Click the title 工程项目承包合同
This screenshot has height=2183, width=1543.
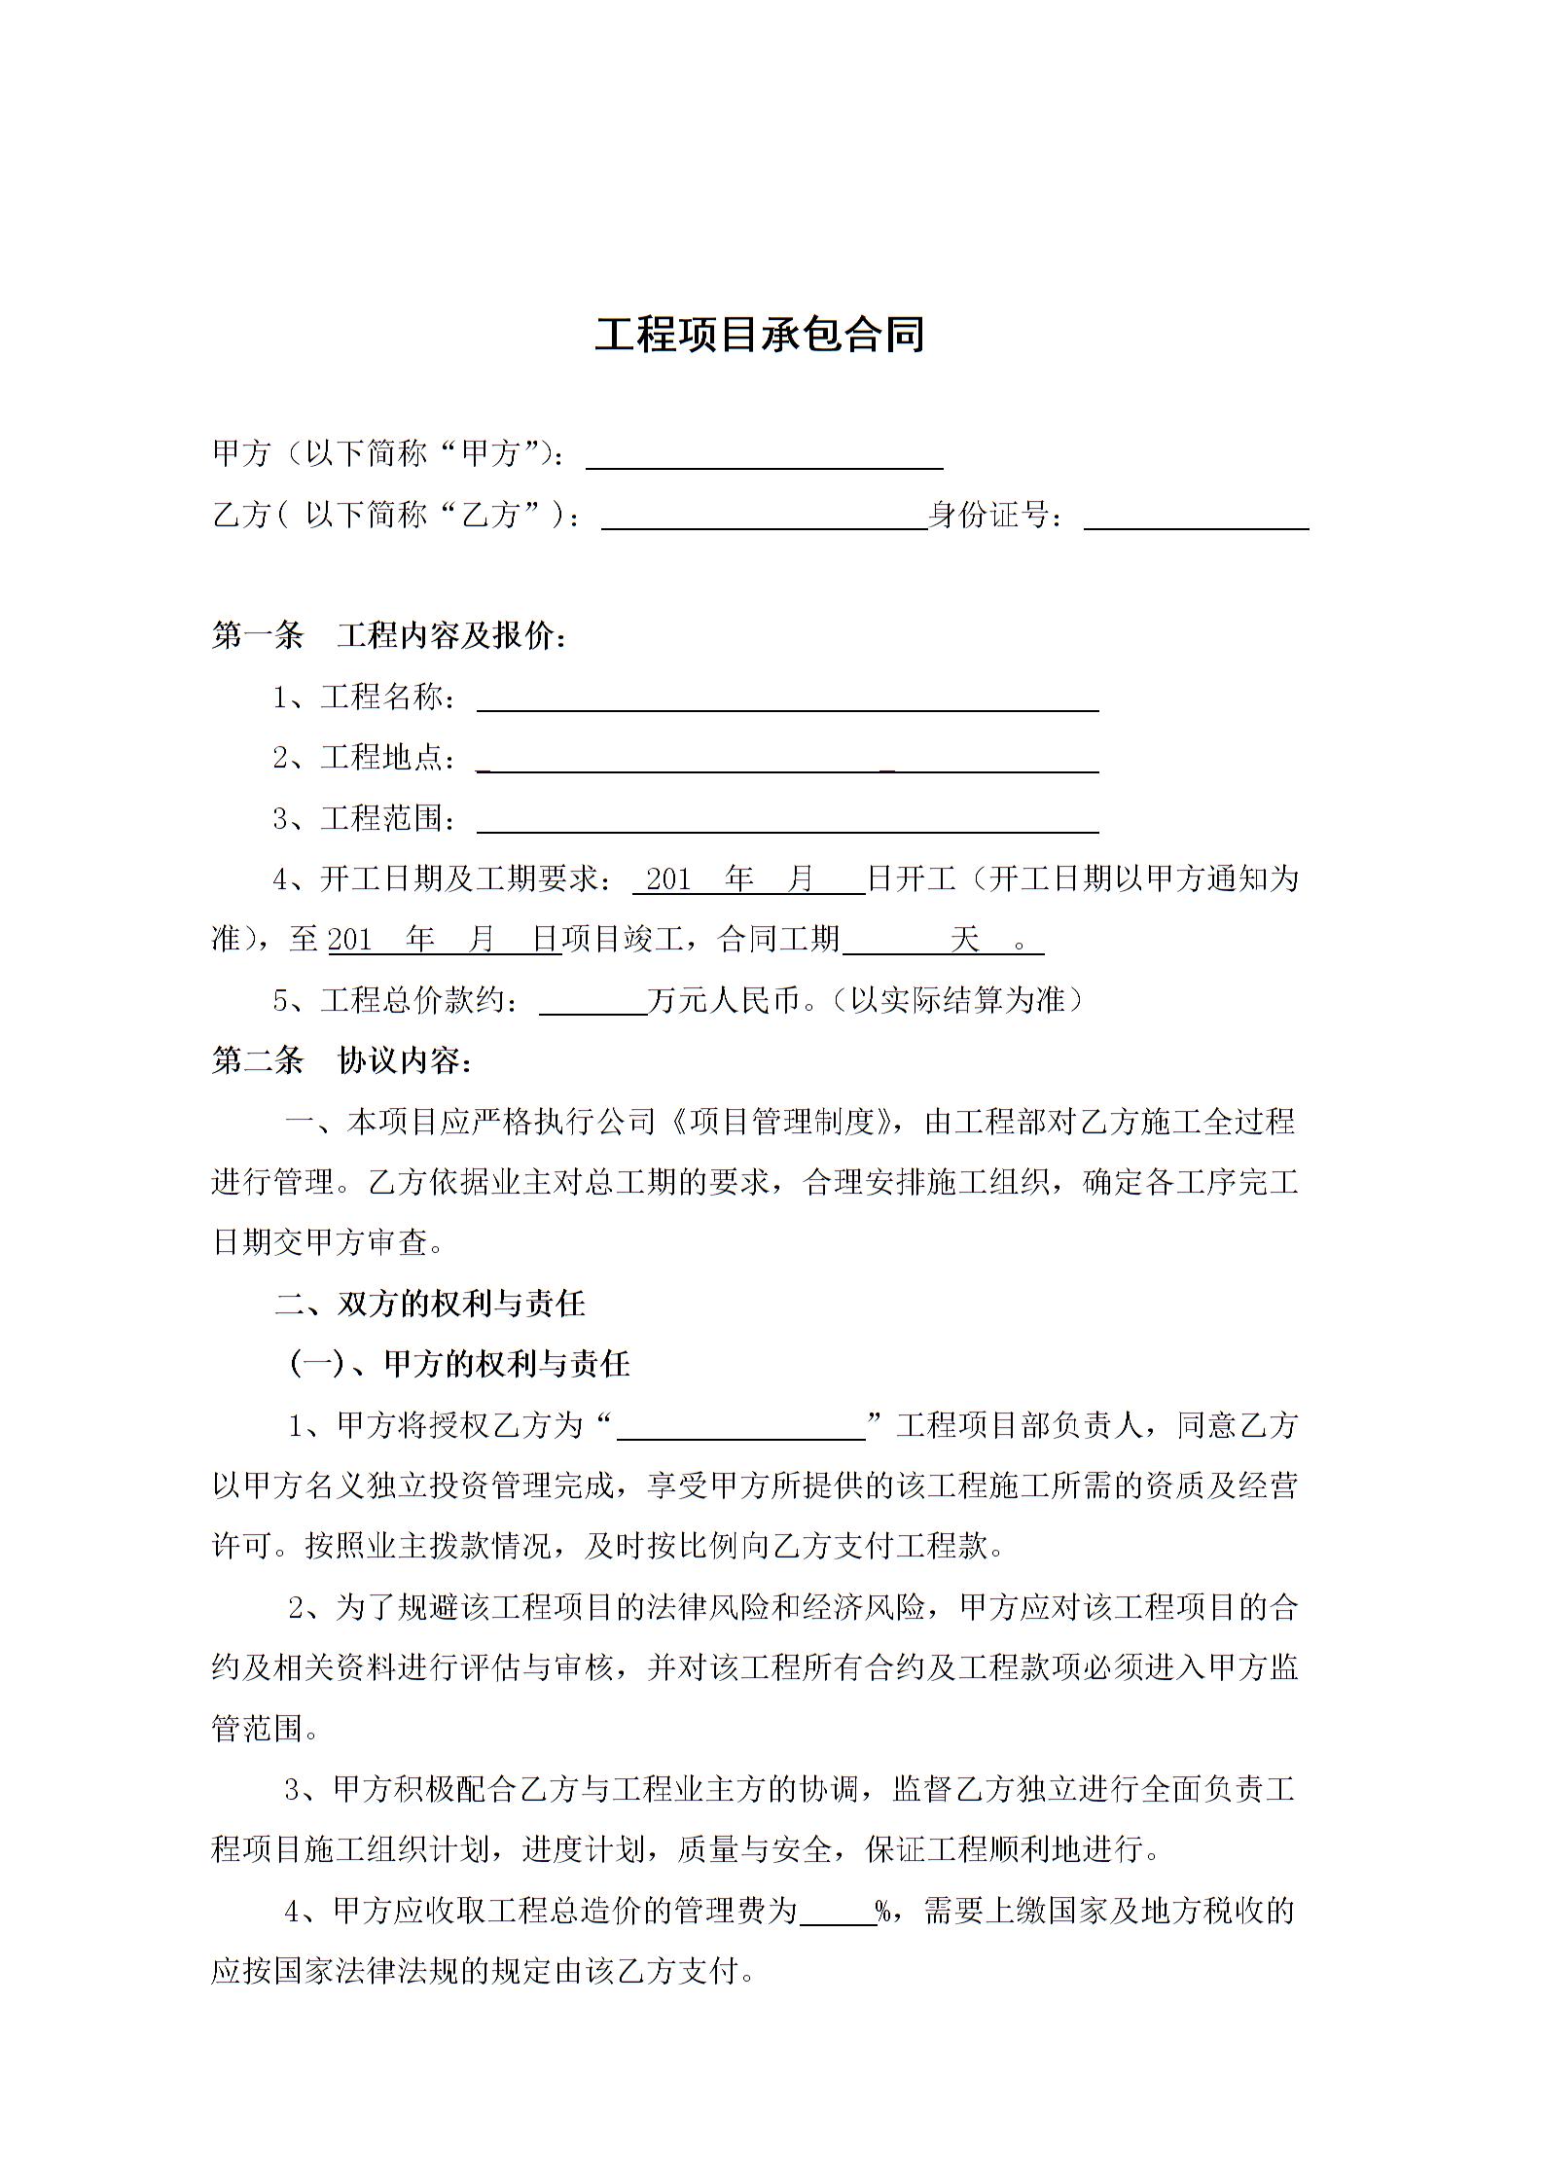759,336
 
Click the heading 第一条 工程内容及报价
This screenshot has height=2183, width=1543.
389,636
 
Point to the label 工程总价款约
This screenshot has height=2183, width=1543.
418,1001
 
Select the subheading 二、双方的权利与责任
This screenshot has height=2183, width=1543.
430,1304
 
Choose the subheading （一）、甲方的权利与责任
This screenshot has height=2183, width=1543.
459,1364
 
